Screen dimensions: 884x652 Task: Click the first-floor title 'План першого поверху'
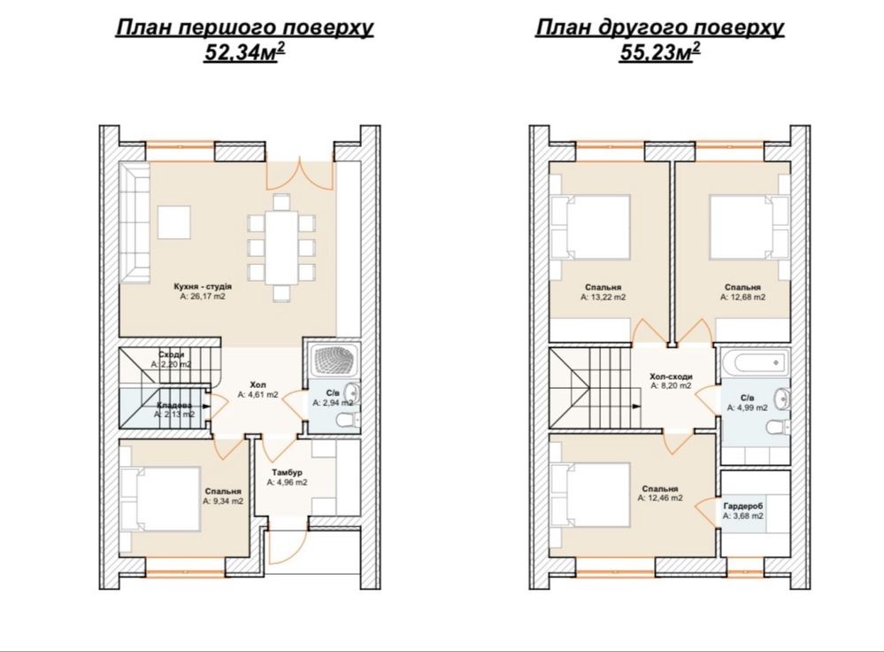[244, 28]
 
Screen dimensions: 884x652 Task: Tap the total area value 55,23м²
[659, 52]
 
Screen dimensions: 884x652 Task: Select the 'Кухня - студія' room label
[203, 286]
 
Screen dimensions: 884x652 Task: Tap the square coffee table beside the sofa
[173, 221]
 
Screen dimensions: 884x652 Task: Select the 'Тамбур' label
[287, 472]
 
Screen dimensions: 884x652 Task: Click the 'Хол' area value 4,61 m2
[258, 395]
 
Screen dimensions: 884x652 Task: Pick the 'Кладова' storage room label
[174, 406]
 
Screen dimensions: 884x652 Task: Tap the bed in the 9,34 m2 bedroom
[161, 499]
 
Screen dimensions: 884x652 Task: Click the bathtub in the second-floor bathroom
[756, 361]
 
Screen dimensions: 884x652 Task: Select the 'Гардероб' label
[743, 507]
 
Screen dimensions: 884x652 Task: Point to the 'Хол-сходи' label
[671, 376]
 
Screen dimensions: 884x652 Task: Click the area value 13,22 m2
[603, 297]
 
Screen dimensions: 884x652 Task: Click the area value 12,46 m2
[660, 498]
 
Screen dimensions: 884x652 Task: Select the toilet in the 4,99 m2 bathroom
[779, 426]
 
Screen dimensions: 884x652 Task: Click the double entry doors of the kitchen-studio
[301, 175]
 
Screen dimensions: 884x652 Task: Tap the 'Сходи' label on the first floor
[171, 354]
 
